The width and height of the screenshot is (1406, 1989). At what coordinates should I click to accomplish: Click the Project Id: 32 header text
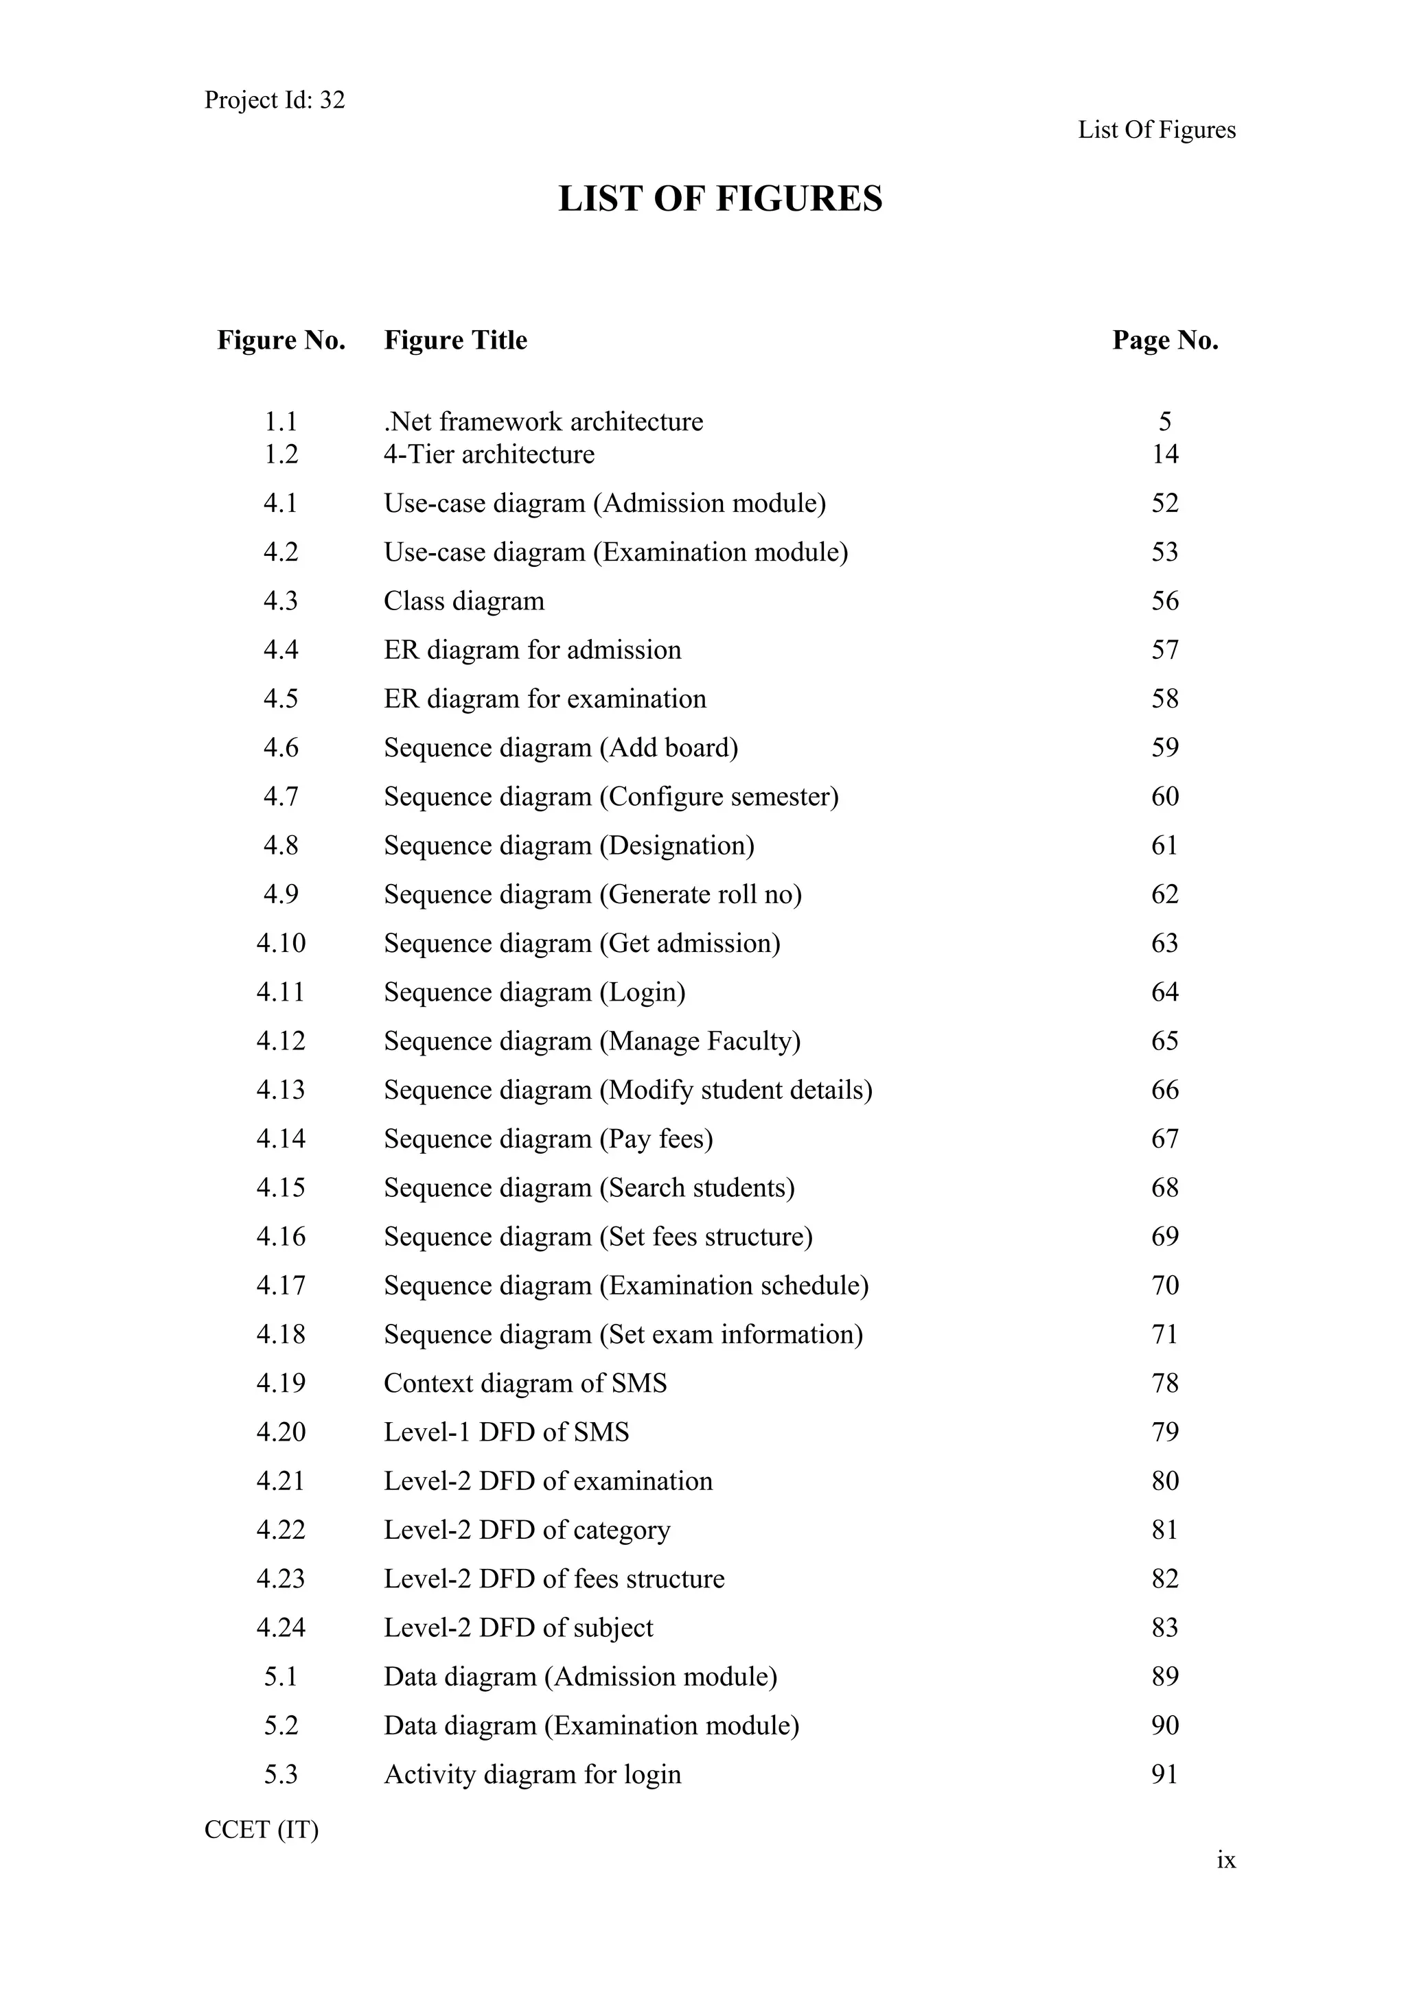[274, 100]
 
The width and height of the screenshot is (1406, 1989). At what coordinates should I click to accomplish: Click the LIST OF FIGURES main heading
[720, 198]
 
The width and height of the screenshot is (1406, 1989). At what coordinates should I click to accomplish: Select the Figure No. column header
[281, 340]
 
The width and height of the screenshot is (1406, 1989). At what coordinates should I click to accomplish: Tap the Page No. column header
[1164, 340]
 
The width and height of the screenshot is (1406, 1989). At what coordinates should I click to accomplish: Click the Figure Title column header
[456, 340]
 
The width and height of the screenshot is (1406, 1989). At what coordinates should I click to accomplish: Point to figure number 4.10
[281, 942]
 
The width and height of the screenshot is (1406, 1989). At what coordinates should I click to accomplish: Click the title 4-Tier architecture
[489, 454]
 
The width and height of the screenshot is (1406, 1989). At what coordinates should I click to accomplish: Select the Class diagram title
[463, 601]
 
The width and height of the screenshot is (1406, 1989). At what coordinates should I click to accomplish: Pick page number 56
[1164, 601]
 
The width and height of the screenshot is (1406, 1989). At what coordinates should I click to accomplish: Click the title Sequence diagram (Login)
[535, 992]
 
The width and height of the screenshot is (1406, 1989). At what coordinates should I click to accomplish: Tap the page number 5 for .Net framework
[1164, 422]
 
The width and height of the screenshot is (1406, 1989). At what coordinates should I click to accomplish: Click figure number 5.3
[281, 1775]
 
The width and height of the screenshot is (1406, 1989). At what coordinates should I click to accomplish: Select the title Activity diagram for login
[532, 1775]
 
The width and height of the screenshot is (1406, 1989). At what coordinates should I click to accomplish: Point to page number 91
[1164, 1775]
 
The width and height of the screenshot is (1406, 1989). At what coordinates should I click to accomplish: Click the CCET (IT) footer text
[261, 1830]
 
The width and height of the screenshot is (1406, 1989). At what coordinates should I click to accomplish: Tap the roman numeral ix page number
[1225, 1860]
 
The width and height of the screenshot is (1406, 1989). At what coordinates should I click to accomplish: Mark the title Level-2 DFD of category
[527, 1530]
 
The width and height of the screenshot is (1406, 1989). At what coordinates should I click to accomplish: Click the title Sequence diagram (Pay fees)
[549, 1139]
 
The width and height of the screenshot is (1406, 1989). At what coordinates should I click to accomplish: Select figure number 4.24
[281, 1628]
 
